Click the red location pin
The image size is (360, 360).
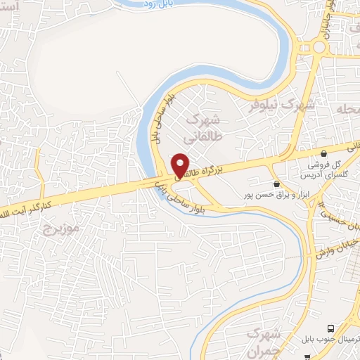(180, 165)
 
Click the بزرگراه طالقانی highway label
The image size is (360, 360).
(211, 165)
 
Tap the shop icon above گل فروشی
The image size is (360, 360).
(323, 153)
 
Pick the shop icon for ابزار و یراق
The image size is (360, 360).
(277, 182)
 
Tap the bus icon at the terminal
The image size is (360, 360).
(331, 328)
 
